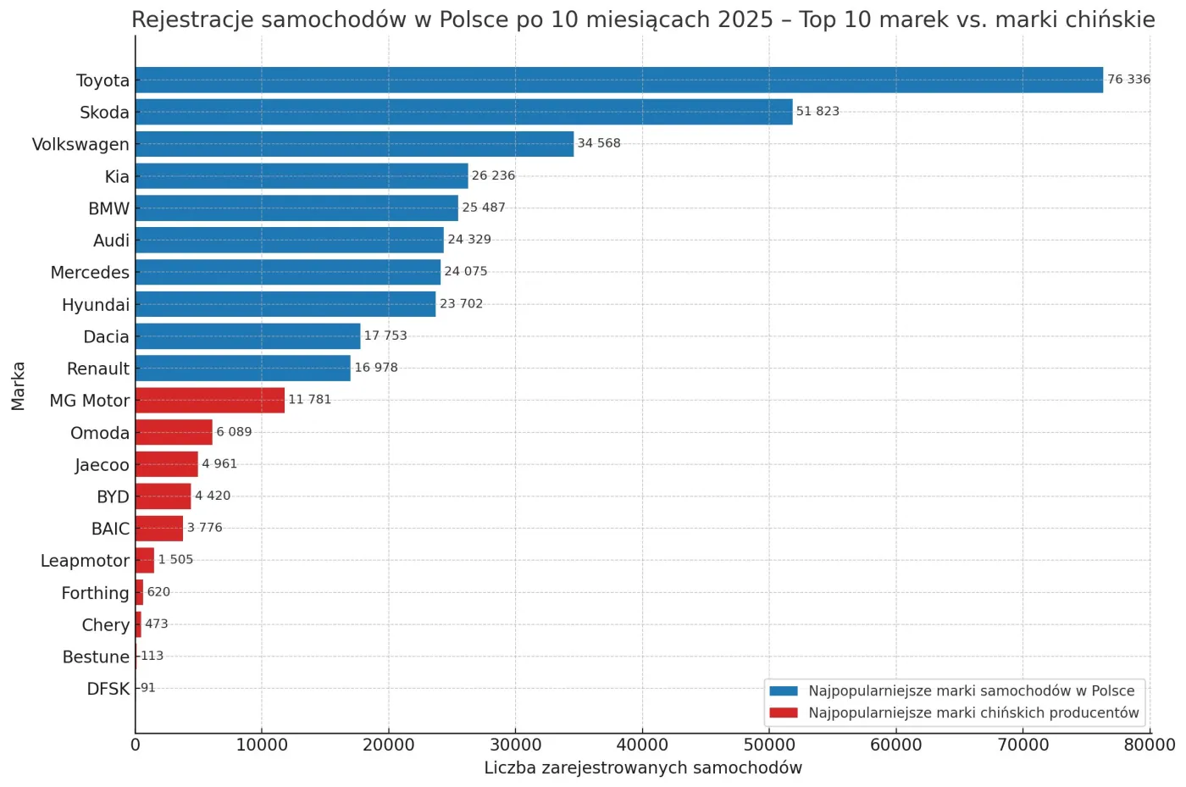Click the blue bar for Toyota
618,80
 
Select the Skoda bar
463,112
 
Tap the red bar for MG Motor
209,400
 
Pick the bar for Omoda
174,432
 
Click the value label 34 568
599,143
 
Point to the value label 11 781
310,399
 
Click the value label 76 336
1128,80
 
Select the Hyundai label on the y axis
96,305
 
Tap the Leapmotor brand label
85,561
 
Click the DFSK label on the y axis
108,689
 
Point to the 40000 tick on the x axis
642,745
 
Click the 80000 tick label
1149,745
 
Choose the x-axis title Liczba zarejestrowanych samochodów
643,768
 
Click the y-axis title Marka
19,385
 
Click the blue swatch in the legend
784,691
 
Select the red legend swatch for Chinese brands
784,713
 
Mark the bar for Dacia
247,336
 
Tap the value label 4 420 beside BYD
213,496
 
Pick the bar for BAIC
159,528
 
